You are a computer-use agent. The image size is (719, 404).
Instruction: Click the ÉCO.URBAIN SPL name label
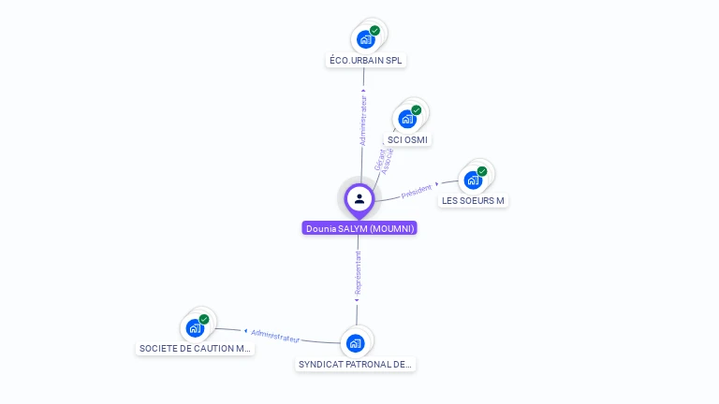pos(367,61)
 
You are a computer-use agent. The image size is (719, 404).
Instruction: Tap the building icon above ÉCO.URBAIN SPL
pos(366,40)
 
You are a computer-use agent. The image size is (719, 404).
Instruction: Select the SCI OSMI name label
pos(407,140)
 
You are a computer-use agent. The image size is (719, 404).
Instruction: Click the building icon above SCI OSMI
pos(407,119)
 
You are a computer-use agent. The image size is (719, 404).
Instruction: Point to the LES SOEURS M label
pos(473,201)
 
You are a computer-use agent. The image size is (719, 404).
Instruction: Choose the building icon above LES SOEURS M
pos(473,180)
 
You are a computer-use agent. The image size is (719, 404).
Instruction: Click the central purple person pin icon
pos(359,199)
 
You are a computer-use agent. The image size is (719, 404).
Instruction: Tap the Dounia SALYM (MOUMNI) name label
pos(359,228)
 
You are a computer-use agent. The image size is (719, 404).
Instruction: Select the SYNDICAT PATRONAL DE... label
pos(356,365)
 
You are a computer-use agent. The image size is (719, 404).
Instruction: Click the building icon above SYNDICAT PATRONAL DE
pos(355,343)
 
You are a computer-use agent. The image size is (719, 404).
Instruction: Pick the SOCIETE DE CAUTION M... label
pos(195,349)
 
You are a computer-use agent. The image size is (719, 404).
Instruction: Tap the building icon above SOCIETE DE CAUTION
pos(195,328)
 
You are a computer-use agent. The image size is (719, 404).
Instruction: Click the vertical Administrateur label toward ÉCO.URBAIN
pos(364,121)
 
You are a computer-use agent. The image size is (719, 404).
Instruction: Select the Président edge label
pos(417,191)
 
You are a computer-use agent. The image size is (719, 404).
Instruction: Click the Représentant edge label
pos(358,272)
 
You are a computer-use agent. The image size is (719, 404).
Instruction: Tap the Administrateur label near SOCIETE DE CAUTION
pos(275,335)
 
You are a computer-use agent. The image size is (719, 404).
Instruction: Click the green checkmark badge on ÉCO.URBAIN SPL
pos(374,31)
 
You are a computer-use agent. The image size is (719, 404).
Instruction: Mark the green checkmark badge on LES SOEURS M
pos(482,171)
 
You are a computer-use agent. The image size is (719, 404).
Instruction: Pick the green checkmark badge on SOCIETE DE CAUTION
pos(204,319)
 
